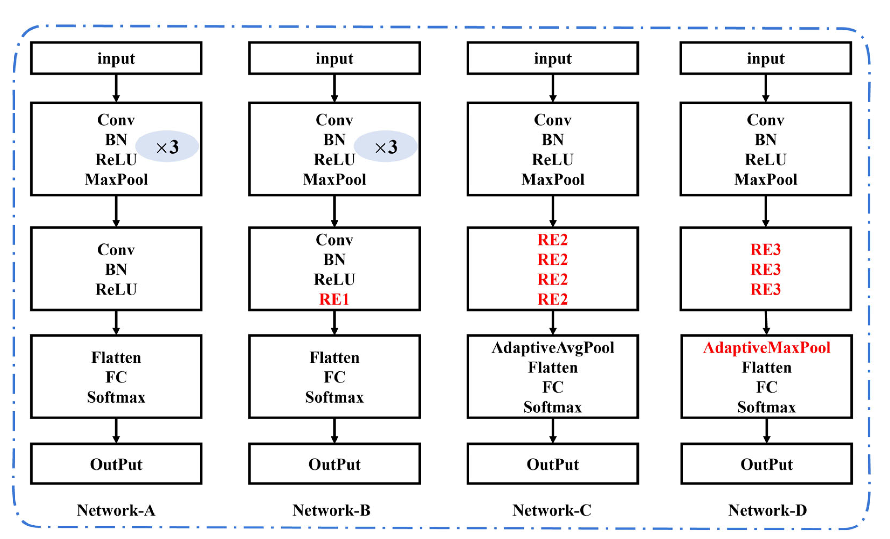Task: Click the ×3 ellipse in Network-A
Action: pyautogui.click(x=167, y=146)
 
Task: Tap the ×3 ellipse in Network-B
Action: pyautogui.click(x=385, y=146)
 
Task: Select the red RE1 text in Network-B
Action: pyautogui.click(x=334, y=299)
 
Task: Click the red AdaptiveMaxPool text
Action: pyautogui.click(x=767, y=348)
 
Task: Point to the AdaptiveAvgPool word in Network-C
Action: pyautogui.click(x=553, y=348)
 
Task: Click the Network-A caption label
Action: pyautogui.click(x=116, y=510)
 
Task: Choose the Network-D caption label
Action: pyautogui.click(x=767, y=510)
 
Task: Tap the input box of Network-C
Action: pyautogui.click(x=553, y=58)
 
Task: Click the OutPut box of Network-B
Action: pyautogui.click(x=334, y=464)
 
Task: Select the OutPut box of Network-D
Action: pyautogui.click(x=767, y=464)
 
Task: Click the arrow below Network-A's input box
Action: pyautogui.click(x=116, y=88)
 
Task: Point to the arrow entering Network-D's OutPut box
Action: pyautogui.click(x=767, y=431)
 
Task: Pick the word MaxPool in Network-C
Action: pyautogui.click(x=553, y=179)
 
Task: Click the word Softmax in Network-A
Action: pyautogui.click(x=116, y=397)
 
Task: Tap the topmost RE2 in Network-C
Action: pyautogui.click(x=553, y=240)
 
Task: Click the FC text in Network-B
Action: pyautogui.click(x=334, y=377)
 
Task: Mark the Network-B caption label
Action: pyautogui.click(x=331, y=510)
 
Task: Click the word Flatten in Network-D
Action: pyautogui.click(x=767, y=367)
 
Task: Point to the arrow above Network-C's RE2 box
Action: pyautogui.click(x=553, y=211)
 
